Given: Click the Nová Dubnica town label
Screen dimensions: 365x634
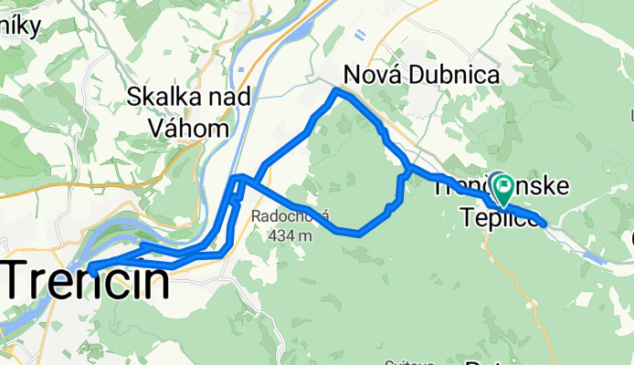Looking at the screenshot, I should coord(421,75).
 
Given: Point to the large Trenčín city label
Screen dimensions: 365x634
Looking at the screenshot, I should coord(87,282).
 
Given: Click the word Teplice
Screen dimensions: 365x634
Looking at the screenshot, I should coord(495,216).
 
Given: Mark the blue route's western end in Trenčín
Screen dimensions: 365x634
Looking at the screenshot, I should coord(91,267).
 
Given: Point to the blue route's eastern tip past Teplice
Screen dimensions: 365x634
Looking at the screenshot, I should coord(544,223).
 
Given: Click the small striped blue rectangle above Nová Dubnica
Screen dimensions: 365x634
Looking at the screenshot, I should coord(360,36).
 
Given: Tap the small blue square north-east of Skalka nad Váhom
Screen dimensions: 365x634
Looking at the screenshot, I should coord(239,67).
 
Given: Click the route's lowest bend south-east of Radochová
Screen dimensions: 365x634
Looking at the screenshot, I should coord(358,233).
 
